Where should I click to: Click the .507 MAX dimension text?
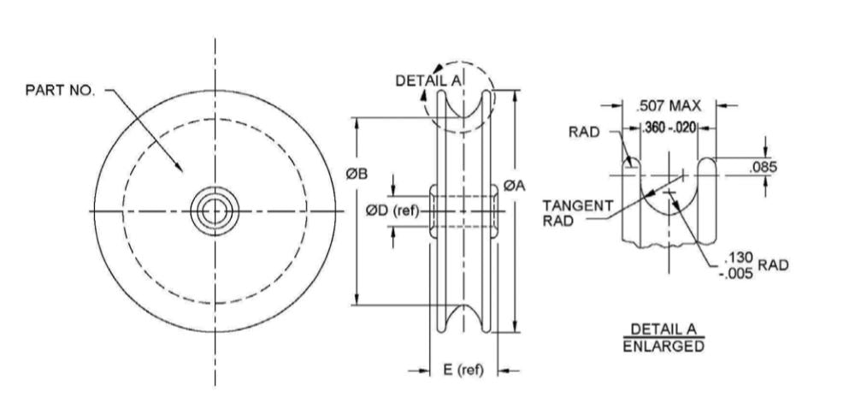coord(669,106)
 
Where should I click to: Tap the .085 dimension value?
coord(763,167)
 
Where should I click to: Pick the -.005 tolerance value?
coord(735,274)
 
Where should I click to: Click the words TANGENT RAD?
coord(577,211)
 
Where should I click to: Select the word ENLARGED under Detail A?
coord(663,347)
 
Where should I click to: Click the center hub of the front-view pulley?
coord(215,210)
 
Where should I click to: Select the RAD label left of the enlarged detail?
coord(583,132)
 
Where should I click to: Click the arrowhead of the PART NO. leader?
coord(180,168)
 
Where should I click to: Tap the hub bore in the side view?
coord(464,210)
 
